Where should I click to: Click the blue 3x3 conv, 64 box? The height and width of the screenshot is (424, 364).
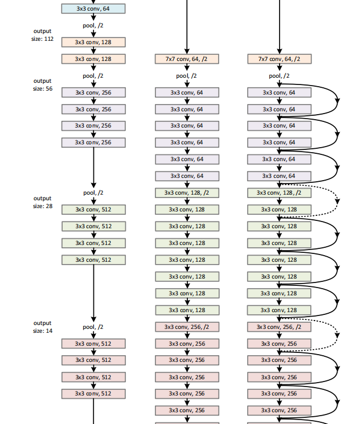pos(93,8)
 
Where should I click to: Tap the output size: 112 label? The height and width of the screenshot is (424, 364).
pos(42,35)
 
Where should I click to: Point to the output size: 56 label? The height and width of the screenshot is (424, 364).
pos(42,84)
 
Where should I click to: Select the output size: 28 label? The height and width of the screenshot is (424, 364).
pos(42,202)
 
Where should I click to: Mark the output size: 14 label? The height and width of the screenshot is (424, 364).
pos(42,327)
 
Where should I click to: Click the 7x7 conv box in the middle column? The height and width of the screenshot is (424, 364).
pos(187,59)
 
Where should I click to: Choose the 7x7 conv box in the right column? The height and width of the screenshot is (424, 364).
pos(279,59)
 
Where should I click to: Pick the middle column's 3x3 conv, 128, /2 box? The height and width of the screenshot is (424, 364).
pos(187,192)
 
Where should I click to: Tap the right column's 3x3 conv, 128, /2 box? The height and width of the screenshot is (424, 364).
pos(279,192)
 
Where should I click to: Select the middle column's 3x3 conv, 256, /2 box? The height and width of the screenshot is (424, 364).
pos(187,327)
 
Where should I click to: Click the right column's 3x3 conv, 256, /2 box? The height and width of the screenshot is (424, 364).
pos(279,327)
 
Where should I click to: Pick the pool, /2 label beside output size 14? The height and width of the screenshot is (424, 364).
pos(93,327)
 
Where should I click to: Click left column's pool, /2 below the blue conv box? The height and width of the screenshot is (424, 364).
pos(93,25)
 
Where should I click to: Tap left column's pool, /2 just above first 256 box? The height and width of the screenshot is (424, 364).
pos(93,76)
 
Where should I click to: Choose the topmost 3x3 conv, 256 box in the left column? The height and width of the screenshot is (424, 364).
pos(93,92)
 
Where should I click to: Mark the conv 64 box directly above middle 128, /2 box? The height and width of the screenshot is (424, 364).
pos(187,176)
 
